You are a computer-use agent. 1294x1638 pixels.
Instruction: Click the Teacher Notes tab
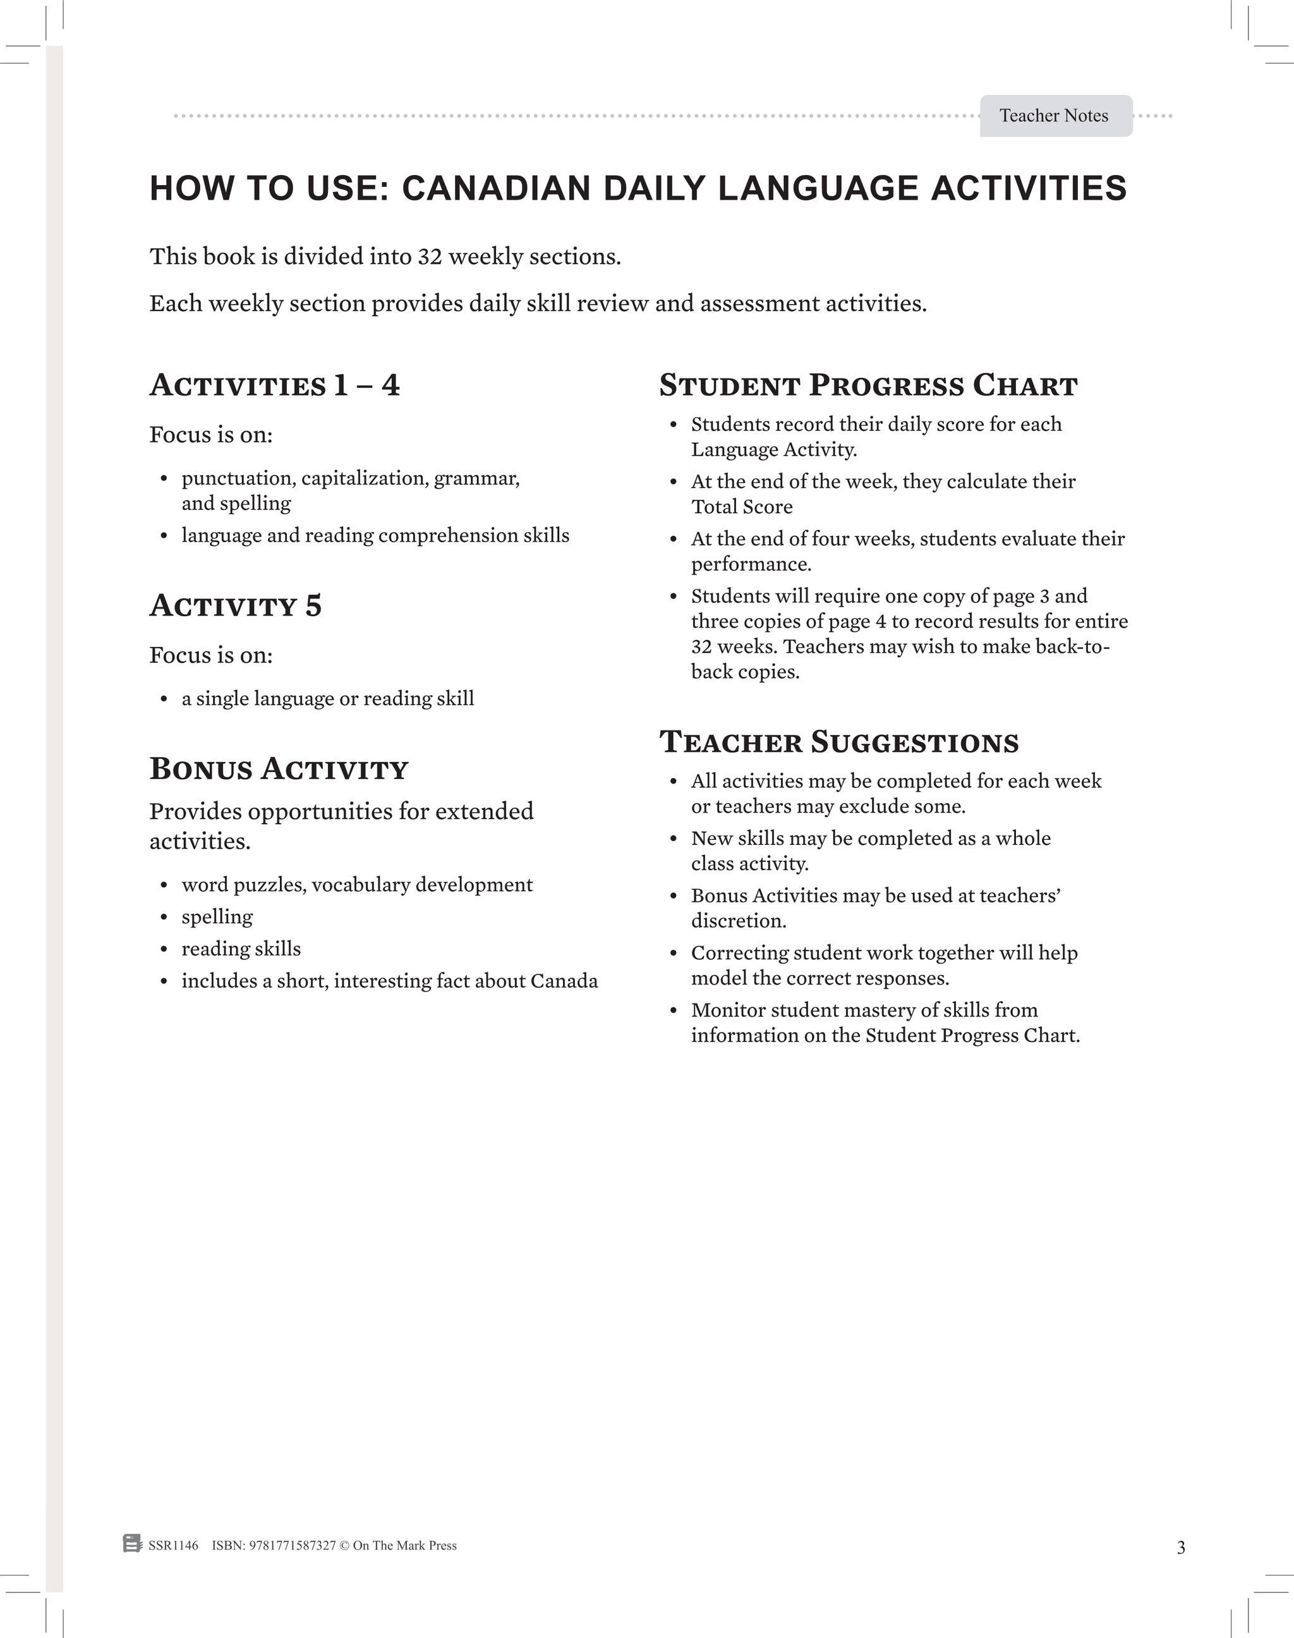[1055, 116]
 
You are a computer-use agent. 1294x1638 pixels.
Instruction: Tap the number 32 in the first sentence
[429, 257]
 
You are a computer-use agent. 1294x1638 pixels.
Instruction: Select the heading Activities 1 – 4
[274, 385]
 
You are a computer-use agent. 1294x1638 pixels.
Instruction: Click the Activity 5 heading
[235, 606]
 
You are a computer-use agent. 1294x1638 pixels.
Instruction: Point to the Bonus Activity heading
[278, 769]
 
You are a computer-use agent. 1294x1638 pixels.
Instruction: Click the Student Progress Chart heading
[868, 385]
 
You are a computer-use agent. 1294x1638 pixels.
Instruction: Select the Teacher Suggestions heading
[838, 743]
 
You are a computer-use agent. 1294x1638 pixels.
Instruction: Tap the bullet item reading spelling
[217, 917]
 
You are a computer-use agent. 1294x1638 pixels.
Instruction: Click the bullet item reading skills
[241, 949]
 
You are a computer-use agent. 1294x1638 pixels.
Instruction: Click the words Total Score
[741, 507]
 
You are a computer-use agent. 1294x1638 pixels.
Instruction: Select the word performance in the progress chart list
[750, 564]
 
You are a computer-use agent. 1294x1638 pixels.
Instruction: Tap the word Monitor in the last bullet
[723, 1010]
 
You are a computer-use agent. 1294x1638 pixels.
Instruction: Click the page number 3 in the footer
[1180, 1548]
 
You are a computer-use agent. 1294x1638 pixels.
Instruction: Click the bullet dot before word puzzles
[164, 886]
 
